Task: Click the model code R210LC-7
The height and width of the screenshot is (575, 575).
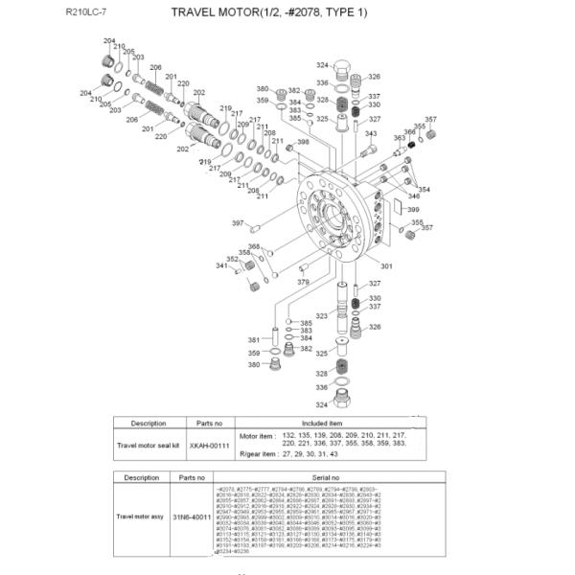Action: coord(86,13)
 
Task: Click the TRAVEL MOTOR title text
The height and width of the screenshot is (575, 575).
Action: coord(268,13)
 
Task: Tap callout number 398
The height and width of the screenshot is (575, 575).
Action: coord(303,143)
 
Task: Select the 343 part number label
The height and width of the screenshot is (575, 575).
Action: coord(370,134)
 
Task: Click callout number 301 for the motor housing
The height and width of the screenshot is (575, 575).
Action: coord(387,265)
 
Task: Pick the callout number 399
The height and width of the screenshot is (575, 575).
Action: coord(413,209)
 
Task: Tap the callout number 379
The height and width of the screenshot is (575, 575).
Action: coord(302,283)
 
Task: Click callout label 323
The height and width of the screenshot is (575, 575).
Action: coord(322,315)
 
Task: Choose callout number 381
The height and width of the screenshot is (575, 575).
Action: coord(254,340)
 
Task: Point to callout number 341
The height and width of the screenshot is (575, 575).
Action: coord(220,265)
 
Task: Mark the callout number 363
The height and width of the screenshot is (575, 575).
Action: coord(399,138)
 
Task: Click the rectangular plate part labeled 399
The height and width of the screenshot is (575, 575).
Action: coord(392,204)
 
